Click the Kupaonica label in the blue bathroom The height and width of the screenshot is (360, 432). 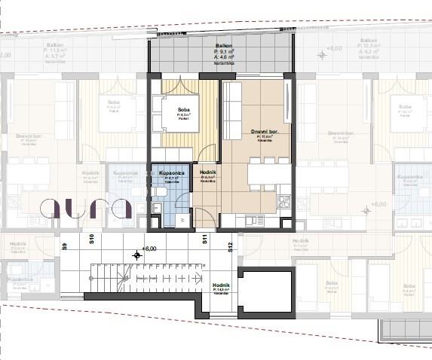click(x=173, y=172)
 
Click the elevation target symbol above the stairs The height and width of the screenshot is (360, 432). click(x=136, y=255)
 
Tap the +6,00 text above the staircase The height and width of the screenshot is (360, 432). click(x=149, y=248)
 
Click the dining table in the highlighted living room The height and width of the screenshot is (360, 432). click(x=261, y=174)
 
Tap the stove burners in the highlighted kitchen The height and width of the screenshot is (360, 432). click(x=283, y=202)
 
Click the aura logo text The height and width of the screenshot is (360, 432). click(x=87, y=208)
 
